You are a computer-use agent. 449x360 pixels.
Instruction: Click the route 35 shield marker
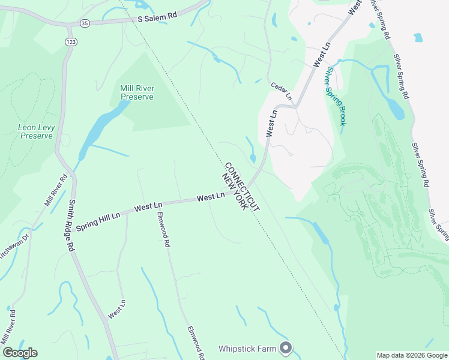pyautogui.click(x=85, y=23)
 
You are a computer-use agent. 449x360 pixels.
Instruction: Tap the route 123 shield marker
pyautogui.click(x=71, y=40)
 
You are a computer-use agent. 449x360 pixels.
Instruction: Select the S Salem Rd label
pyautogui.click(x=157, y=18)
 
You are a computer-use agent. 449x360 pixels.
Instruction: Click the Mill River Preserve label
pyautogui.click(x=137, y=92)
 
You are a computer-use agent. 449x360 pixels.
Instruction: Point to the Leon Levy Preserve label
pyautogui.click(x=36, y=131)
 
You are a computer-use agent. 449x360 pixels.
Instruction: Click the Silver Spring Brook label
pyautogui.click(x=336, y=96)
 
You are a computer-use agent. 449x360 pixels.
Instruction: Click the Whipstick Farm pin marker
pyautogui.click(x=286, y=347)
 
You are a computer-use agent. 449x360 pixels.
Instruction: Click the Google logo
pyautogui.click(x=20, y=353)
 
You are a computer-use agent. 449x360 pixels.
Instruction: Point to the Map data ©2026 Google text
pyautogui.click(x=412, y=355)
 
